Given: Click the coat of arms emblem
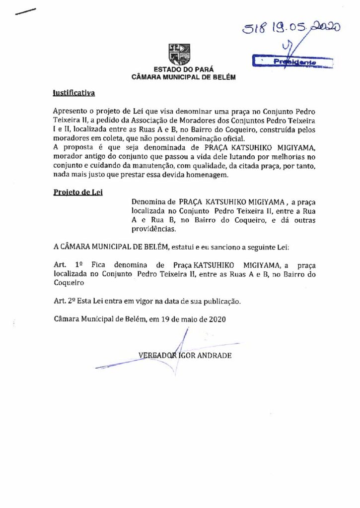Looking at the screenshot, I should pos(180,54).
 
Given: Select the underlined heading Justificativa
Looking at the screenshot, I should pos(74,93).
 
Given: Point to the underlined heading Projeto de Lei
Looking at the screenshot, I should pos(77,192).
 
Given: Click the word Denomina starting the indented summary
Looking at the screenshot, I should pos(148,202).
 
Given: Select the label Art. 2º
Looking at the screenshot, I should pos(64,301).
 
